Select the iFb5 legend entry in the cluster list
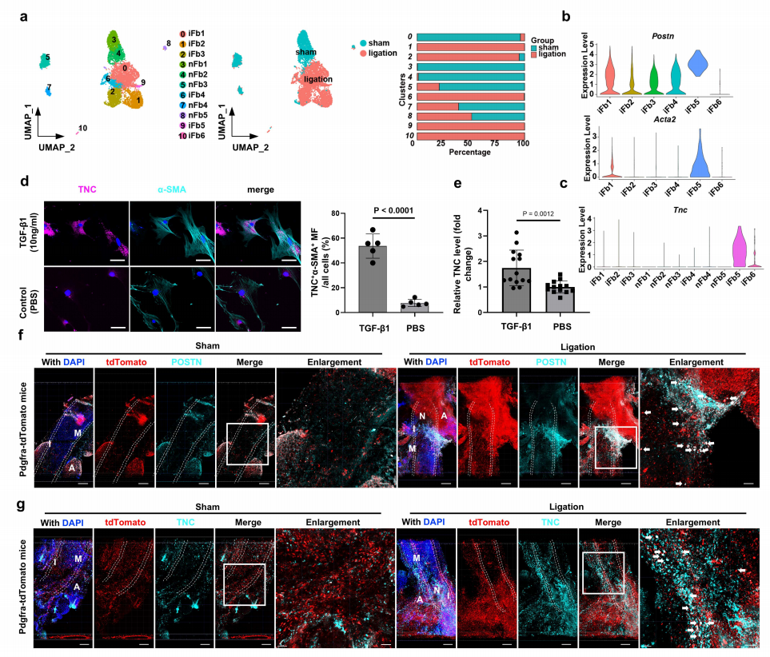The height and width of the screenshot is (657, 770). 191,126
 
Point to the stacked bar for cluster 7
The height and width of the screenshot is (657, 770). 469,106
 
